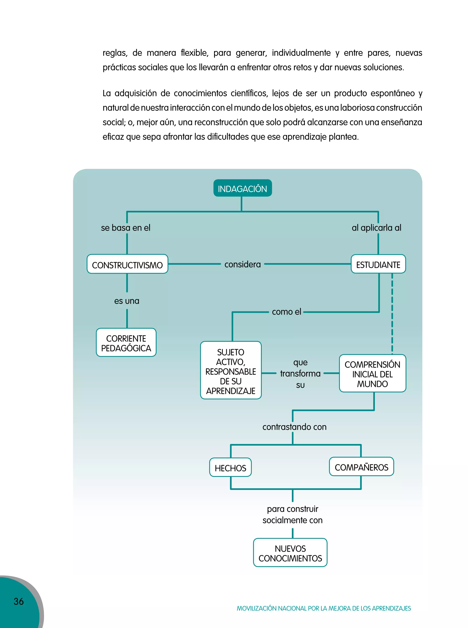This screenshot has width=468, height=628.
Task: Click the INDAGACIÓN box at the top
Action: tap(242, 188)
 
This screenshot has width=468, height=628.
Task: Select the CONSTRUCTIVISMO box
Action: tap(127, 265)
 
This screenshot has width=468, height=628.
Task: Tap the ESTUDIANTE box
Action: tap(378, 265)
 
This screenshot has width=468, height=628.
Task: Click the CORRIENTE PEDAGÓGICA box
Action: tap(126, 343)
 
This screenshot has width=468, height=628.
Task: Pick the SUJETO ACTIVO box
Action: tap(231, 371)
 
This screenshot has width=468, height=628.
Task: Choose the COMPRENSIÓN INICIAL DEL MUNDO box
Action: tap(372, 374)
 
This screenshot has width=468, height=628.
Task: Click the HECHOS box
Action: tap(230, 468)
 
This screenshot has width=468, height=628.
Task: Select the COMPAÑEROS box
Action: tap(361, 467)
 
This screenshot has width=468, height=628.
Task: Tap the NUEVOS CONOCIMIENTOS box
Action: tap(290, 553)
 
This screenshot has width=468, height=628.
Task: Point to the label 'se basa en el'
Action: tap(125, 227)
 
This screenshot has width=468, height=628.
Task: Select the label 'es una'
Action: tap(127, 301)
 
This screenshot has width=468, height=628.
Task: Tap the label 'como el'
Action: tap(286, 312)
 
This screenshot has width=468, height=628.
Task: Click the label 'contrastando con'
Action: tap(294, 427)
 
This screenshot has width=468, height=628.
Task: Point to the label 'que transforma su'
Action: tap(300, 373)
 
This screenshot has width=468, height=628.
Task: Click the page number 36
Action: tap(19, 601)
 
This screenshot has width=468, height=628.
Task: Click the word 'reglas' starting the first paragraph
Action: tap(114, 53)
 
